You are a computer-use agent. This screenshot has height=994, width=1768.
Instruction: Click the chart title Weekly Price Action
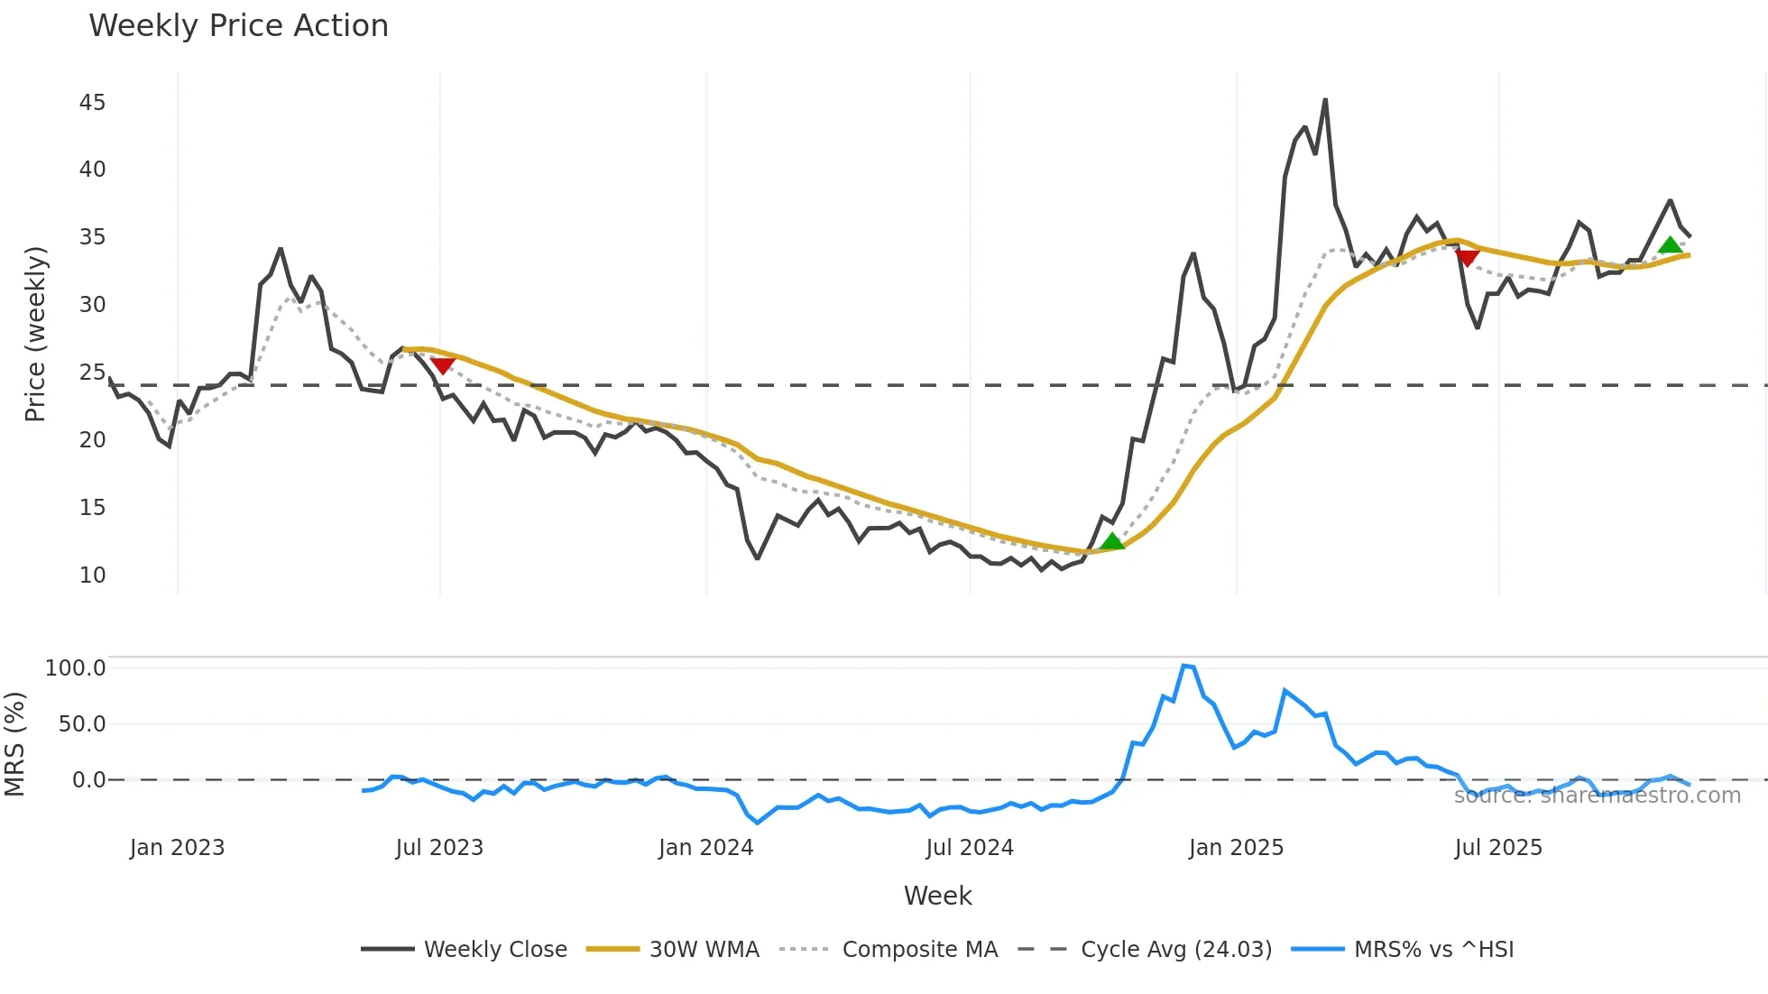coord(238,26)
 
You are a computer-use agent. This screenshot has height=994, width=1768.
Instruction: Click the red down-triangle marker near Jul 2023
coord(443,365)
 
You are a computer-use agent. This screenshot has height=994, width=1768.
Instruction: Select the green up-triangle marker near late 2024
coord(1112,541)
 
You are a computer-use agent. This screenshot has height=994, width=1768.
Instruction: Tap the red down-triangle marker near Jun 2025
coord(1468,259)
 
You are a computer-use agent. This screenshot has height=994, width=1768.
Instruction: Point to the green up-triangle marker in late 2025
coord(1670,245)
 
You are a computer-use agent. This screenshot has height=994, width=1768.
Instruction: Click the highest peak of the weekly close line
coord(1325,100)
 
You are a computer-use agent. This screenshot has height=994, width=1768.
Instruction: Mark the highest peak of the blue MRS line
coord(1183,666)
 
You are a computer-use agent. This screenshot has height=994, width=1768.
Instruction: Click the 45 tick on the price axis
coord(92,103)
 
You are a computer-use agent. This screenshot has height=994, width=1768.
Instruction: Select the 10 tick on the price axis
coord(92,575)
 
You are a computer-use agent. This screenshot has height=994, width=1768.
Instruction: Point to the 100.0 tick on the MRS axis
coord(75,668)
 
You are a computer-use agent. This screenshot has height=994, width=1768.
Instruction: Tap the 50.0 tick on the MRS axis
coord(81,724)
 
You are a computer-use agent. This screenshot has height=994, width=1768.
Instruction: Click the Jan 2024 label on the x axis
coord(705,848)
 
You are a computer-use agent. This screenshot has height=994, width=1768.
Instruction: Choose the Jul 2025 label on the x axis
coord(1498,848)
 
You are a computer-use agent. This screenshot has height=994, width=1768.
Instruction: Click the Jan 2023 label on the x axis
coord(177,848)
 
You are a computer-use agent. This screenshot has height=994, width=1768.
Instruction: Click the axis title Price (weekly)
coord(35,334)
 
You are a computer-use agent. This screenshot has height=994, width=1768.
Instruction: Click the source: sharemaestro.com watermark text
coord(1597,796)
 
